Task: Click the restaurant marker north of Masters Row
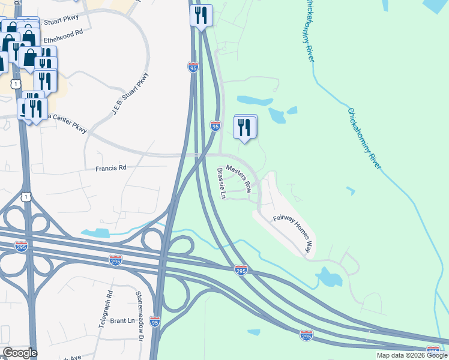coord(245,127)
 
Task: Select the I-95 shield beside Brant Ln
coord(155,322)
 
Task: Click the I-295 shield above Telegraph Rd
coord(116,260)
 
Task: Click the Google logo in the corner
coord(19,353)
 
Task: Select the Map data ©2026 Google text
coord(411,355)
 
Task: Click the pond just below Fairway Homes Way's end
coord(328,277)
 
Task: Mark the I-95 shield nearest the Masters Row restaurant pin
coord(215,125)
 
